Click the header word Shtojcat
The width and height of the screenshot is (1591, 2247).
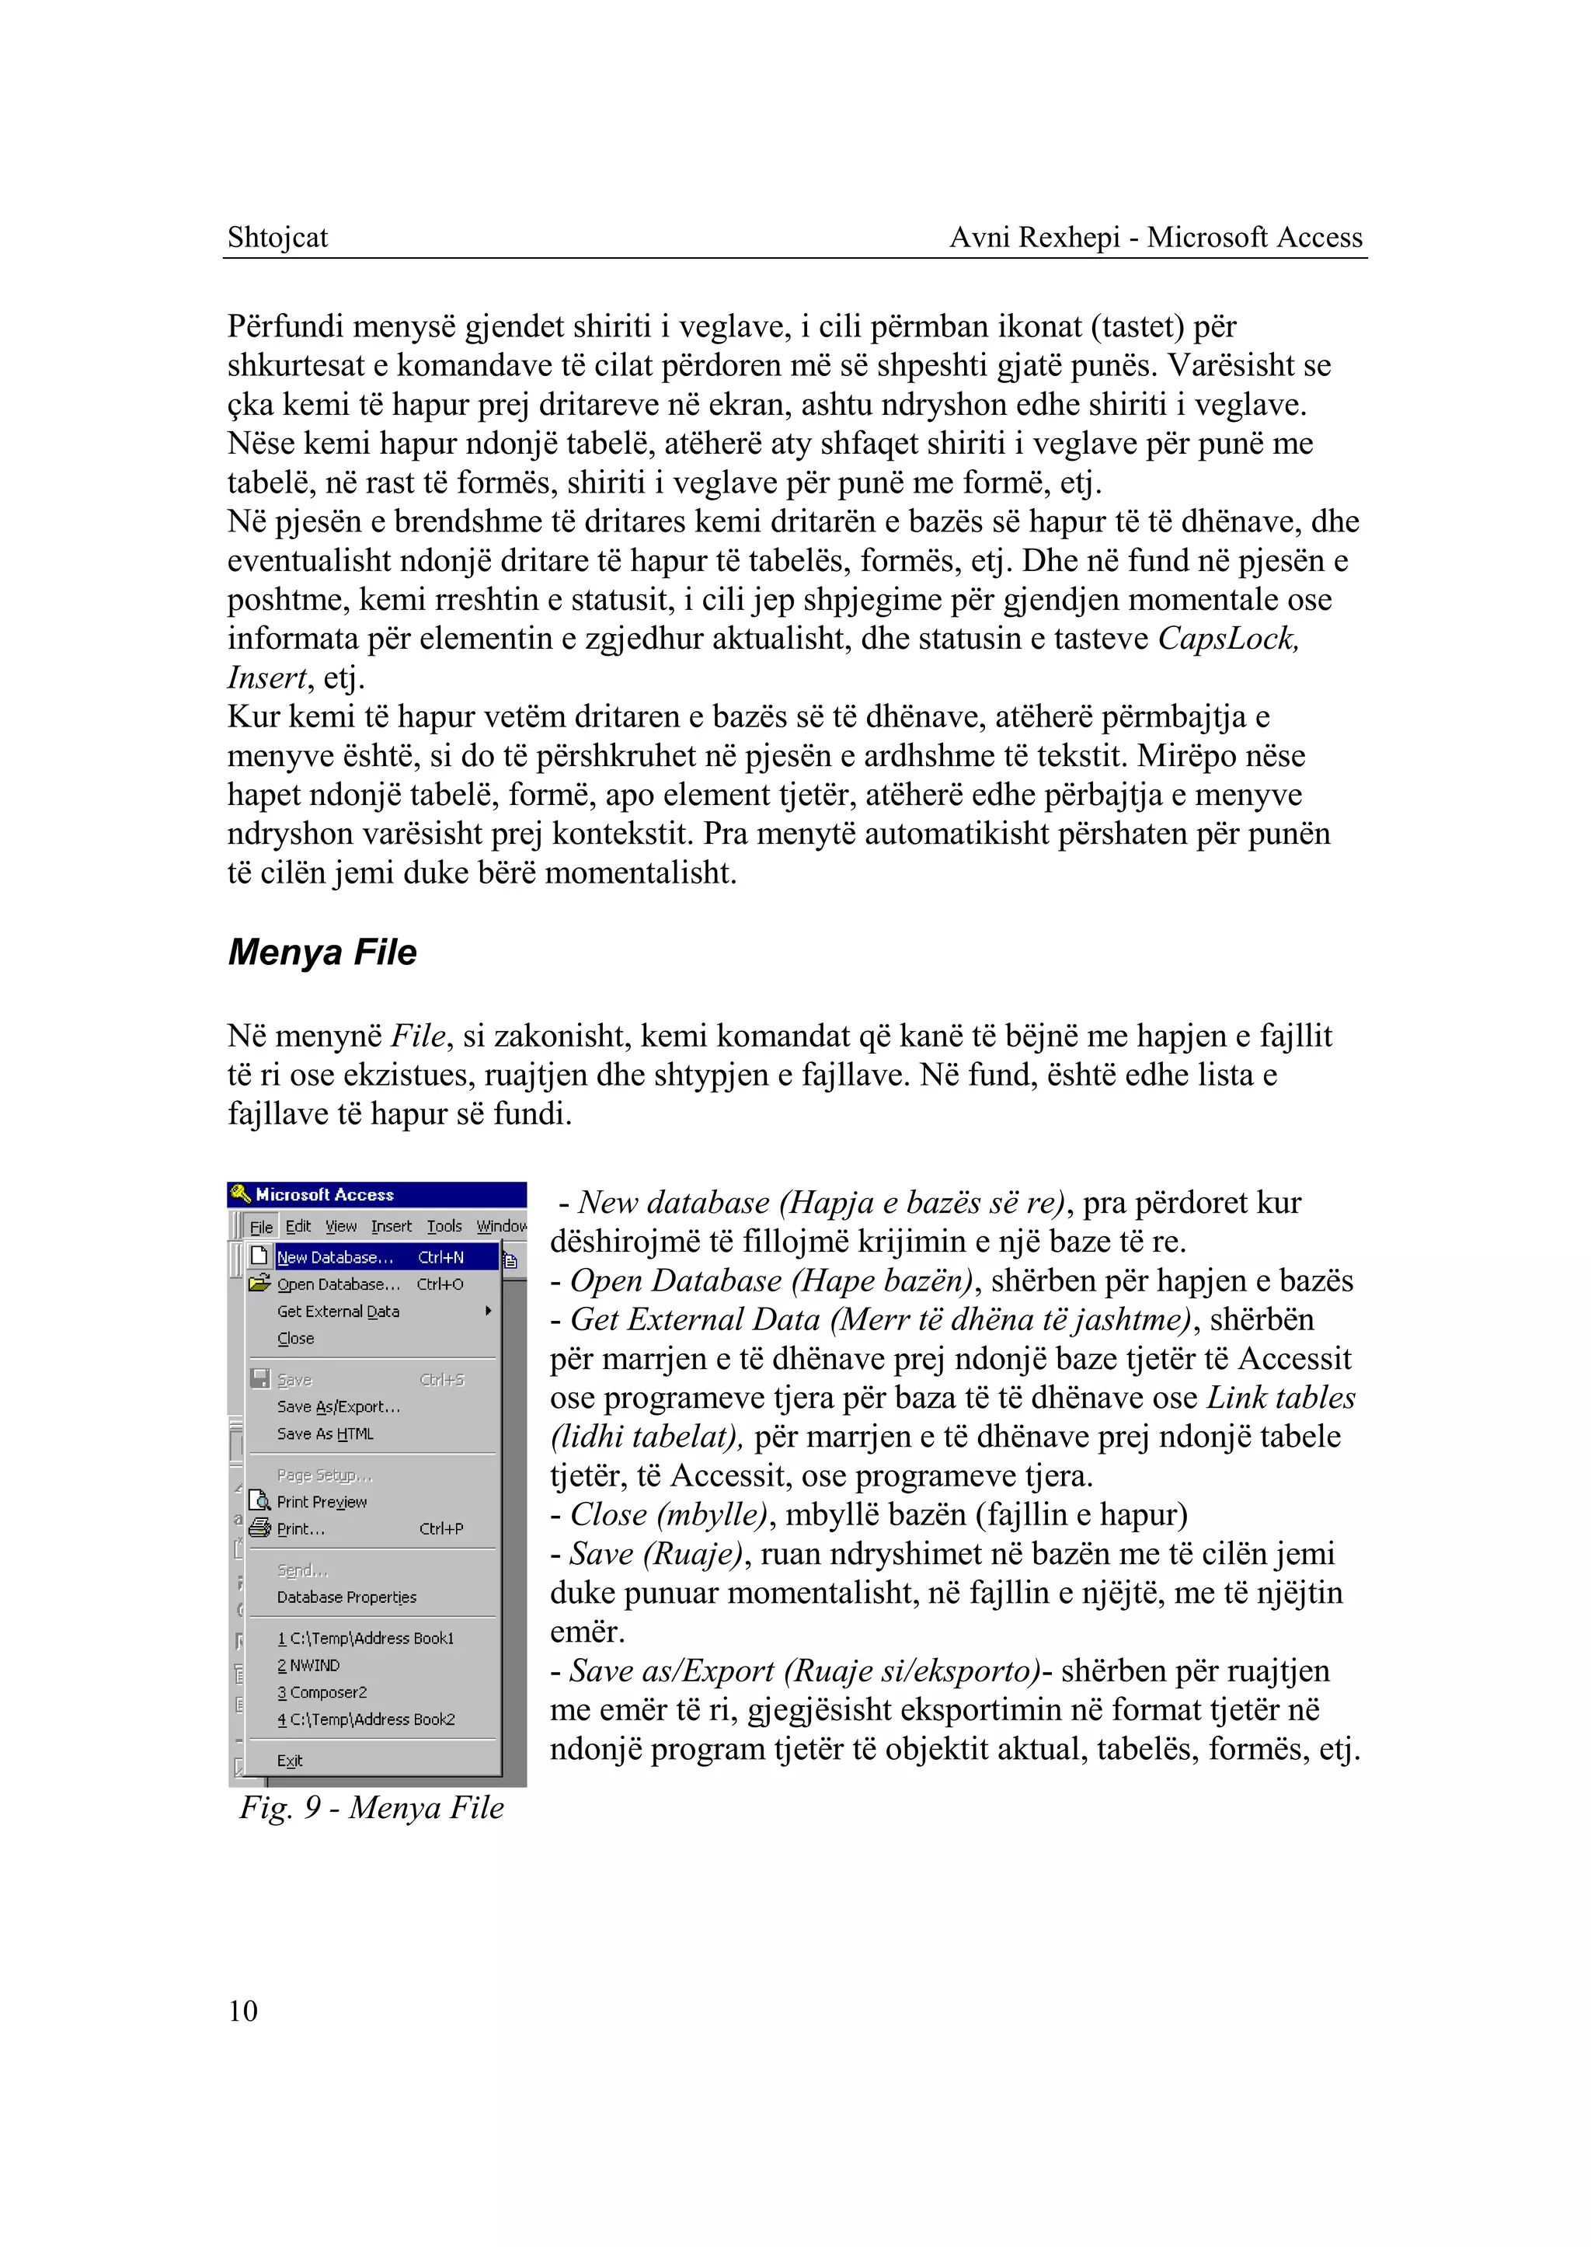tap(277, 237)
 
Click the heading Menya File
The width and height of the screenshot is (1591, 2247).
tap(322, 953)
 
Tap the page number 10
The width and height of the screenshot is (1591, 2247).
tap(243, 2011)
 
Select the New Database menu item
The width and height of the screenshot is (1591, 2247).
tap(335, 1257)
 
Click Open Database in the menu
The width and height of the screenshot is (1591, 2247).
tap(339, 1284)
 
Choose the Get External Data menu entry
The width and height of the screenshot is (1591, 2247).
tap(338, 1312)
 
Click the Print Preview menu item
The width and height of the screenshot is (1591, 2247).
tap(322, 1501)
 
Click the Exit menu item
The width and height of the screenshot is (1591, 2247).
tap(289, 1760)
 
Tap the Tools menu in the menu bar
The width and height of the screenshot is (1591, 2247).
tap(444, 1226)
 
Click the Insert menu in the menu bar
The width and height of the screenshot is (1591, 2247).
tap(391, 1226)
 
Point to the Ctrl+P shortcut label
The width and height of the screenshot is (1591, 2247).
tap(440, 1529)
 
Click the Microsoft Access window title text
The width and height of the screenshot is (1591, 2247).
tap(324, 1194)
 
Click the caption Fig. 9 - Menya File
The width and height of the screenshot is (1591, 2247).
tap(371, 1807)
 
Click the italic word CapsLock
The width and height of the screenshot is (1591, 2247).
tap(1227, 639)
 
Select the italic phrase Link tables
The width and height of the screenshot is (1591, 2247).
tap(1280, 1398)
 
